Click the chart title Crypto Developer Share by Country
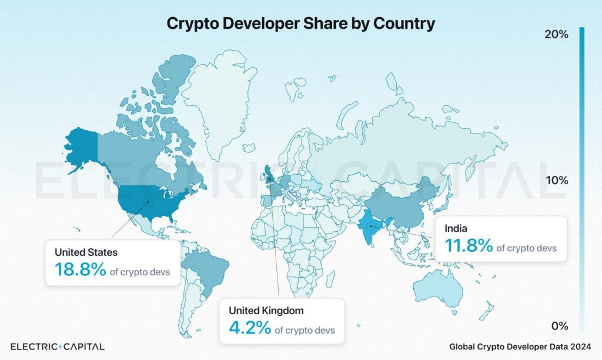pyautogui.click(x=300, y=23)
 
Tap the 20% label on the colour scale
pyautogui.click(x=556, y=35)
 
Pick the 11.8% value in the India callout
pyautogui.click(x=469, y=245)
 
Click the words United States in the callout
pyautogui.click(x=86, y=252)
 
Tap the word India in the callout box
pyautogui.click(x=456, y=228)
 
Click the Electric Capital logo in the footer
pyautogui.click(x=58, y=346)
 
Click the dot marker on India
pyautogui.click(x=372, y=226)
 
